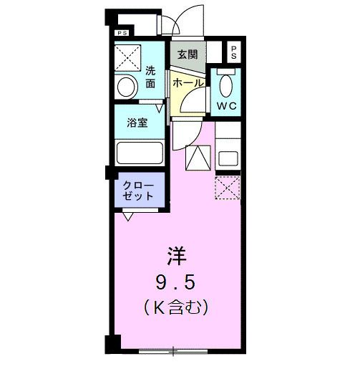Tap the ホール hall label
tap(188, 83)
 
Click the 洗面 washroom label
tap(150, 77)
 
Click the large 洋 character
tap(178, 255)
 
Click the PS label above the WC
tap(234, 52)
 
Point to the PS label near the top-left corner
tap(122, 33)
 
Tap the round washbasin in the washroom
tap(126, 87)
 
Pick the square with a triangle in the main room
tap(198, 157)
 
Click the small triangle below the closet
tap(127, 214)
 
